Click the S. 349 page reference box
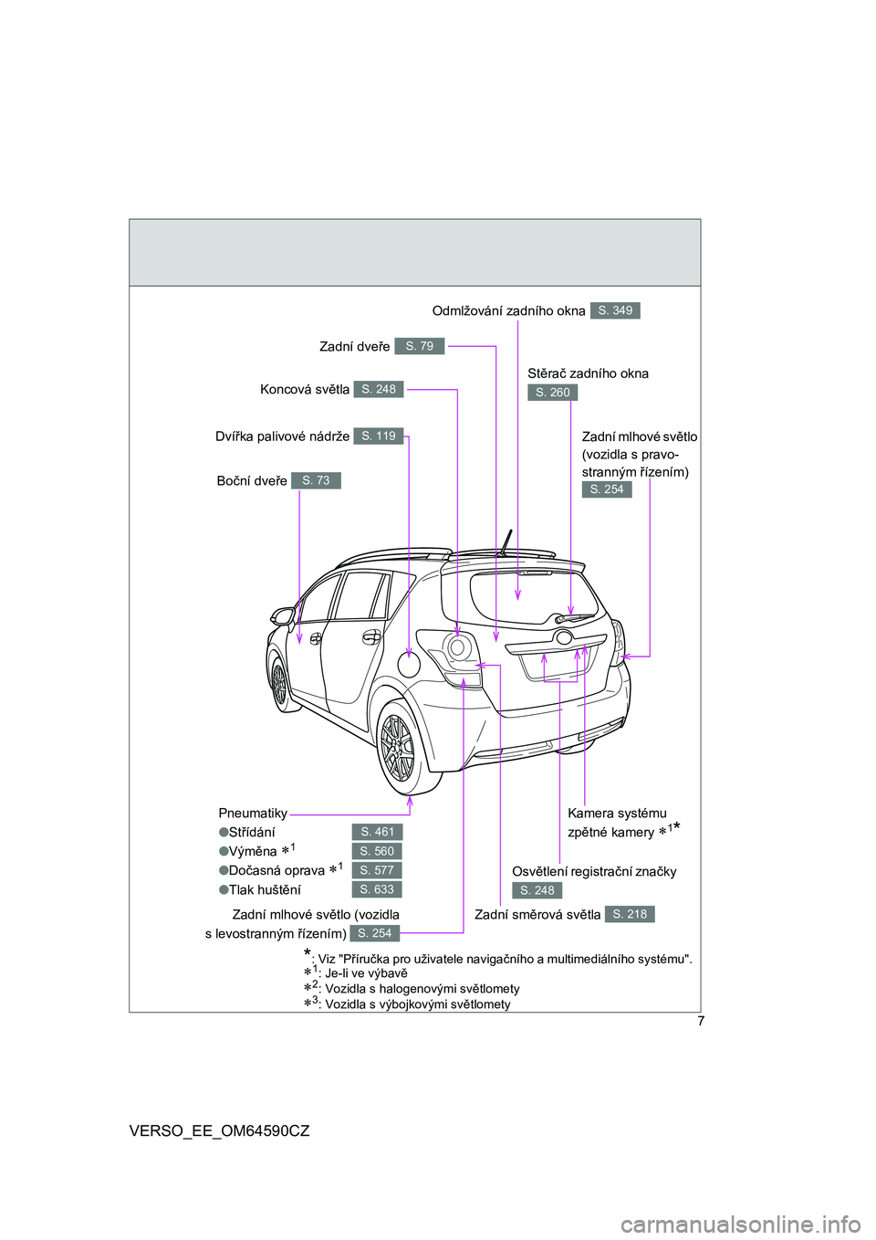[614, 310]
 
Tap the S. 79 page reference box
[419, 346]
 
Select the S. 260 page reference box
[552, 393]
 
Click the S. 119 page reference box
[379, 436]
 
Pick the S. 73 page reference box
[316, 480]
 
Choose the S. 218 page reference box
[630, 914]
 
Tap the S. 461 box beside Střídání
[377, 832]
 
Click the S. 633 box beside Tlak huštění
[377, 889]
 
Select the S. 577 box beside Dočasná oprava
[377, 869]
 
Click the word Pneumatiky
[253, 814]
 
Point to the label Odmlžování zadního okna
[508, 311]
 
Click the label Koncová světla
[305, 390]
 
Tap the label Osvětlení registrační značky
[594, 871]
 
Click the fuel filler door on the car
[410, 664]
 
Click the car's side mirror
[283, 615]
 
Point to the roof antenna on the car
[506, 542]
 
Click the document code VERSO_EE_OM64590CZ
[220, 1131]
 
